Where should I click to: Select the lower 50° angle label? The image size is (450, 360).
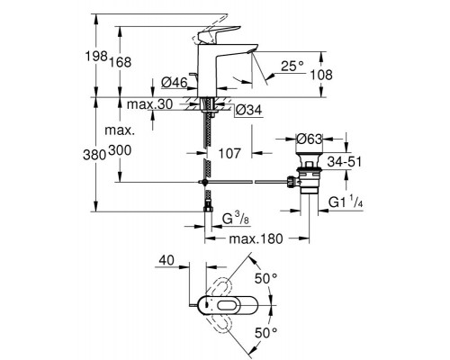point(268,334)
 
